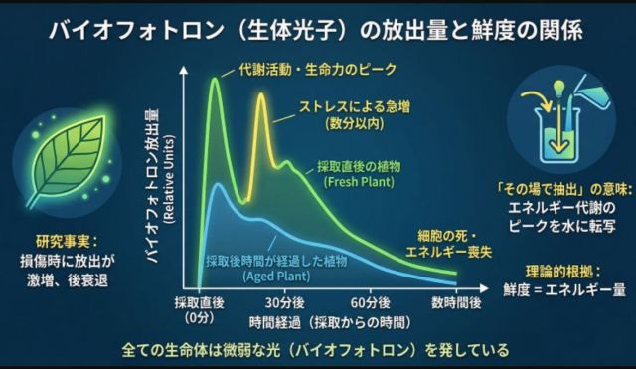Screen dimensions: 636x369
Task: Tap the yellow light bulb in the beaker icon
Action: [559, 89]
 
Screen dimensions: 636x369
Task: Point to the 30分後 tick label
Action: [285, 302]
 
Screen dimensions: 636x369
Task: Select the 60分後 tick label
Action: [371, 302]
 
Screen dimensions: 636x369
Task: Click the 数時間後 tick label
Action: [456, 302]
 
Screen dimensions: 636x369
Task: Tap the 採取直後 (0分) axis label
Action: [199, 309]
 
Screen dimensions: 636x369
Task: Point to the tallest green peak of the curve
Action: [215, 79]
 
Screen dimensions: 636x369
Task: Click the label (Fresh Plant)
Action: [359, 181]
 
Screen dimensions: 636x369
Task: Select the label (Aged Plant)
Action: [276, 277]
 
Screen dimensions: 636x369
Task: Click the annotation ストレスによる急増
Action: [355, 107]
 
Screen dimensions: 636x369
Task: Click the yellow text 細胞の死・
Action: [448, 236]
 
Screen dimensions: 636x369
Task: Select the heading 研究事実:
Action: [67, 242]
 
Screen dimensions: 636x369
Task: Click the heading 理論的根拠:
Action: [562, 272]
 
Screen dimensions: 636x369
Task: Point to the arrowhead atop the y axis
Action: [184, 71]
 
